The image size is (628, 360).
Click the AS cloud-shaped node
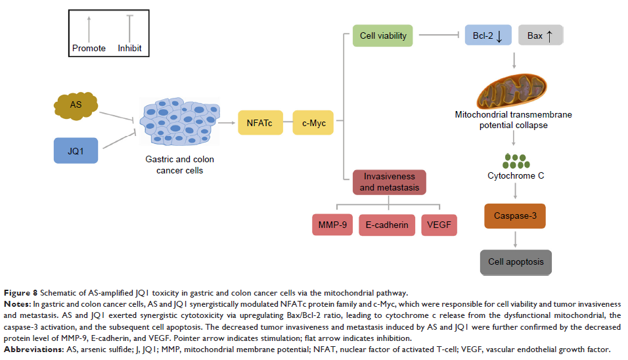point(76,104)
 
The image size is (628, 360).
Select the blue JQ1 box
point(76,150)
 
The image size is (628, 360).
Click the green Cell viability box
point(382,35)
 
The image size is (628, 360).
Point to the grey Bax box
point(541,35)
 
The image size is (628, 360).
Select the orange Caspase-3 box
point(516,215)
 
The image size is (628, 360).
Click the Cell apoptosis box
point(516,261)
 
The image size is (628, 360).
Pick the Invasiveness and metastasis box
point(389,182)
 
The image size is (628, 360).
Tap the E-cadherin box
point(387,225)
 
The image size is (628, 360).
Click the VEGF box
point(439,225)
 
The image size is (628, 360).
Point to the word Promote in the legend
point(89,49)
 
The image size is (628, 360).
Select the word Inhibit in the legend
point(129,49)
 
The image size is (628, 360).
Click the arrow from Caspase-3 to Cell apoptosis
point(516,239)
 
